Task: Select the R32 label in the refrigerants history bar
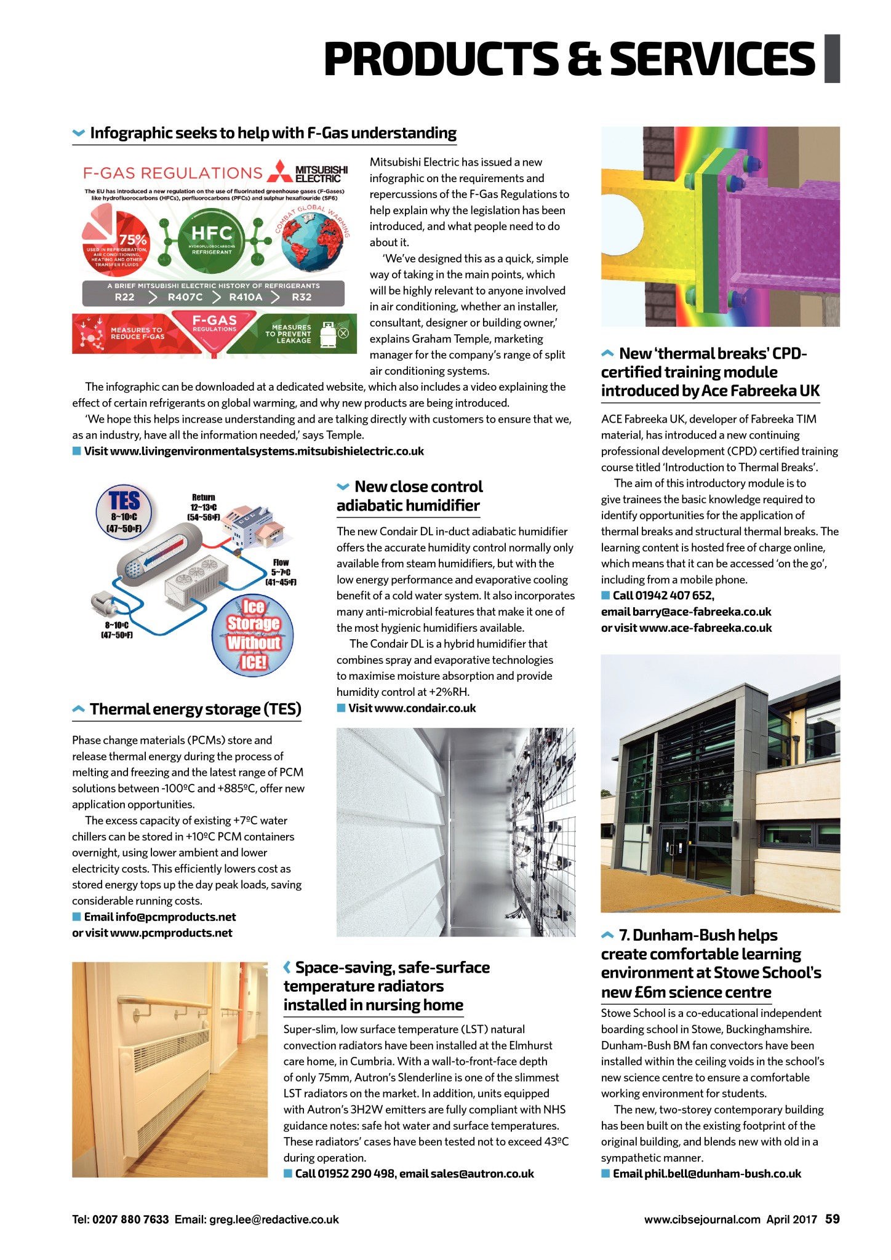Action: point(302,297)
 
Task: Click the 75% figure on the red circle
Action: point(133,240)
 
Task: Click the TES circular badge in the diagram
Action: point(125,511)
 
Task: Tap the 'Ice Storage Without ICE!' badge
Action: point(253,634)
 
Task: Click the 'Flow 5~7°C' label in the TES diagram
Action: point(281,572)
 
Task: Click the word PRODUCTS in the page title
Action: point(441,59)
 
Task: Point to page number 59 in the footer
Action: point(832,1219)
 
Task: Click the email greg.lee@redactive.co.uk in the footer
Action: point(274,1219)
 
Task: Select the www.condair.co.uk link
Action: point(425,708)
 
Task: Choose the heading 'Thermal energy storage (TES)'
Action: point(195,709)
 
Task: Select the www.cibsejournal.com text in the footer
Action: point(702,1219)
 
